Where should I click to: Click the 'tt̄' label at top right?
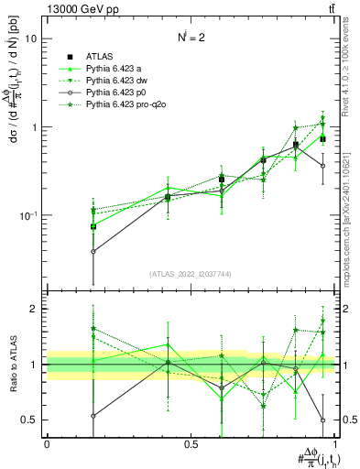(x=330, y=9)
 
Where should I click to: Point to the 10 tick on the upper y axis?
(x=30, y=39)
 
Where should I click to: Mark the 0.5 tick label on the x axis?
(x=191, y=444)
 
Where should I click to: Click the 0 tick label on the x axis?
(x=47, y=444)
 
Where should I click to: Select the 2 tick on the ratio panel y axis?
(x=33, y=309)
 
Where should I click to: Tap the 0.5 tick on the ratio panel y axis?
(x=30, y=420)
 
